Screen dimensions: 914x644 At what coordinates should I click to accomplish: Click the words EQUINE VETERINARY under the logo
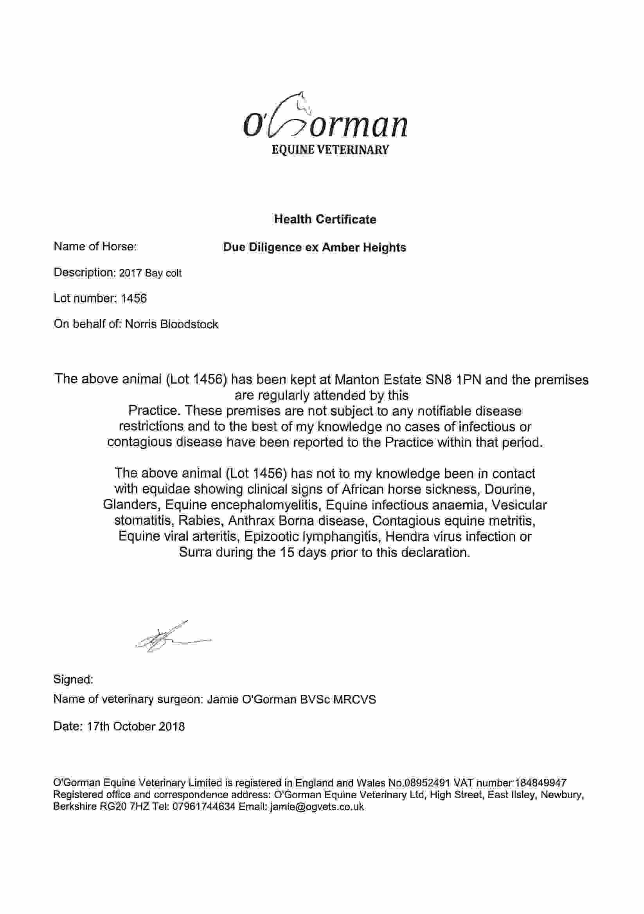click(x=329, y=150)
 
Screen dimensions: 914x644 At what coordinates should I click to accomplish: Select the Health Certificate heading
click(x=325, y=219)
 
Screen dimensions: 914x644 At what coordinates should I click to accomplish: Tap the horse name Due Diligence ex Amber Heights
click(x=315, y=247)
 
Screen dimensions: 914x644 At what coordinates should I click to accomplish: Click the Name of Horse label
click(x=95, y=246)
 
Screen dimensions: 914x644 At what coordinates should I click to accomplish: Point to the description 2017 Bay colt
click(x=151, y=273)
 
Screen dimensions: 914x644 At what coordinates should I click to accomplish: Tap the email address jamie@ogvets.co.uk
click(x=317, y=807)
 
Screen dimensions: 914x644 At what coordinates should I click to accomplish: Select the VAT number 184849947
click(x=540, y=783)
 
